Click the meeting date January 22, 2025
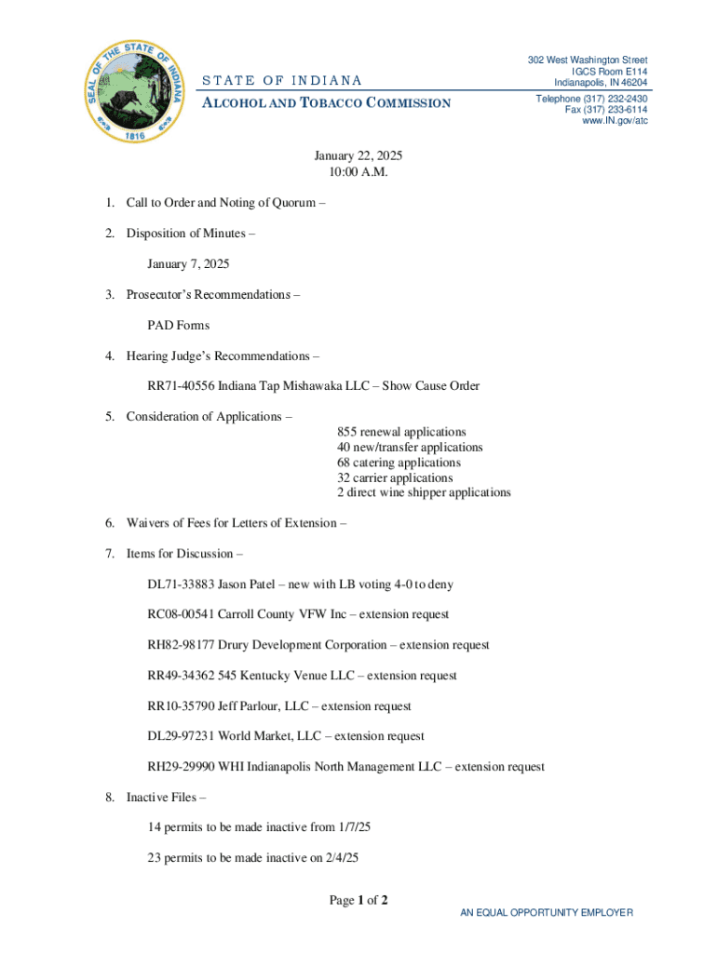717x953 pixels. [x=358, y=156]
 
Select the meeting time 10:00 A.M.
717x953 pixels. [x=358, y=172]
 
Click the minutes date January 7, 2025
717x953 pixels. [x=188, y=264]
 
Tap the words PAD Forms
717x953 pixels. [x=178, y=326]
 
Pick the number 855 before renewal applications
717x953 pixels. [x=347, y=432]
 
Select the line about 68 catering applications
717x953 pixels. [x=399, y=463]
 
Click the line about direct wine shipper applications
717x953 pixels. [x=424, y=492]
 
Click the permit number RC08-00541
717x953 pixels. [x=181, y=614]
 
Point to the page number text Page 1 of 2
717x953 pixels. [x=358, y=900]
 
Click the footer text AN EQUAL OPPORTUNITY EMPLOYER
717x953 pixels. [x=547, y=913]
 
